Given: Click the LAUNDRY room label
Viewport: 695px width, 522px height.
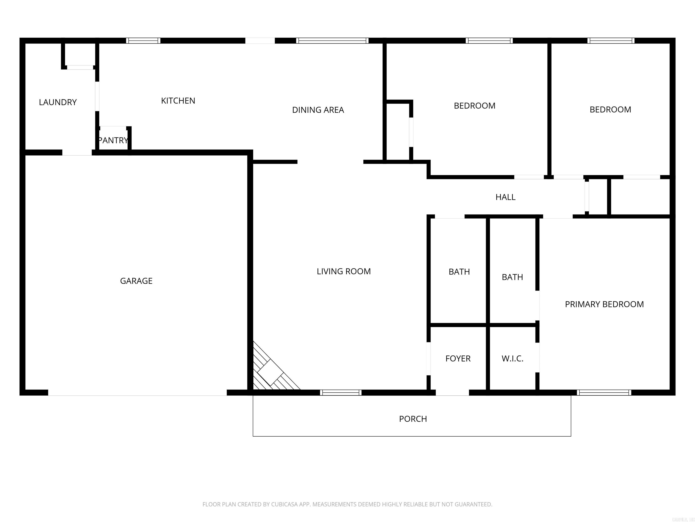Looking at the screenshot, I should tap(58, 102).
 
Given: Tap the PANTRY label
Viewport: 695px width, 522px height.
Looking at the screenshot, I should tap(113, 140).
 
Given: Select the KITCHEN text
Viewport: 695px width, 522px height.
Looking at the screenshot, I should tap(178, 101).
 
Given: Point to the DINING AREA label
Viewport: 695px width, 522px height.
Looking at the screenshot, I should tap(318, 110).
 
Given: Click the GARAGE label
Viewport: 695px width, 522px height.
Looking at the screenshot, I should tap(136, 281).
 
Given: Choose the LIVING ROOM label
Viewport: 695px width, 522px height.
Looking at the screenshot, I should tap(344, 271).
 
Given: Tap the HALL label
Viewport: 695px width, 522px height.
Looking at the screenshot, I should tap(506, 197).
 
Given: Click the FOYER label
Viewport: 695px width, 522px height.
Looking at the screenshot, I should tap(458, 358).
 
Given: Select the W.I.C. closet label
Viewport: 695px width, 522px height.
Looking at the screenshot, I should tap(512, 359).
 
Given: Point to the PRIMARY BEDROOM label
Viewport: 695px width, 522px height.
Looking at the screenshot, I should tap(604, 304).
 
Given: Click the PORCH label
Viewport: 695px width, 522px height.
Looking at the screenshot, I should tap(413, 419).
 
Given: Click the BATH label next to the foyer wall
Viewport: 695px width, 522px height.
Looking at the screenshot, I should tap(459, 272).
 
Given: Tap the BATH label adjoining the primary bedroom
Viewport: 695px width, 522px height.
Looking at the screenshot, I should tap(512, 277).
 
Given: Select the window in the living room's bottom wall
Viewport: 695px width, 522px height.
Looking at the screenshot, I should tap(340, 392).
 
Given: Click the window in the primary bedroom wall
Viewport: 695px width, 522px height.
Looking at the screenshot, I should tap(604, 392).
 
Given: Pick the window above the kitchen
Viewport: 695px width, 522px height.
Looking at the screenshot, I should tap(143, 41).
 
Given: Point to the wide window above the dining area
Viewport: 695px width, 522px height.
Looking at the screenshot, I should tap(332, 41).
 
